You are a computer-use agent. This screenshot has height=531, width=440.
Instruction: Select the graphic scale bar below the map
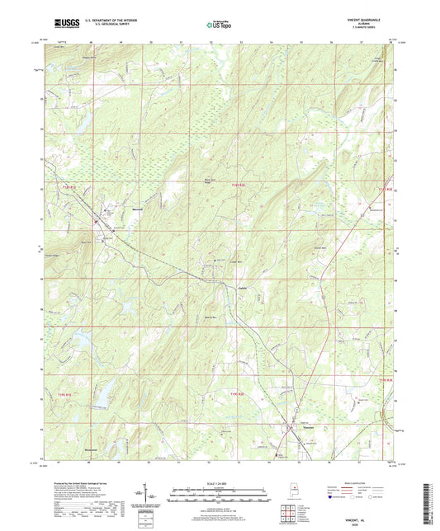pyautogui.click(x=220, y=495)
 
